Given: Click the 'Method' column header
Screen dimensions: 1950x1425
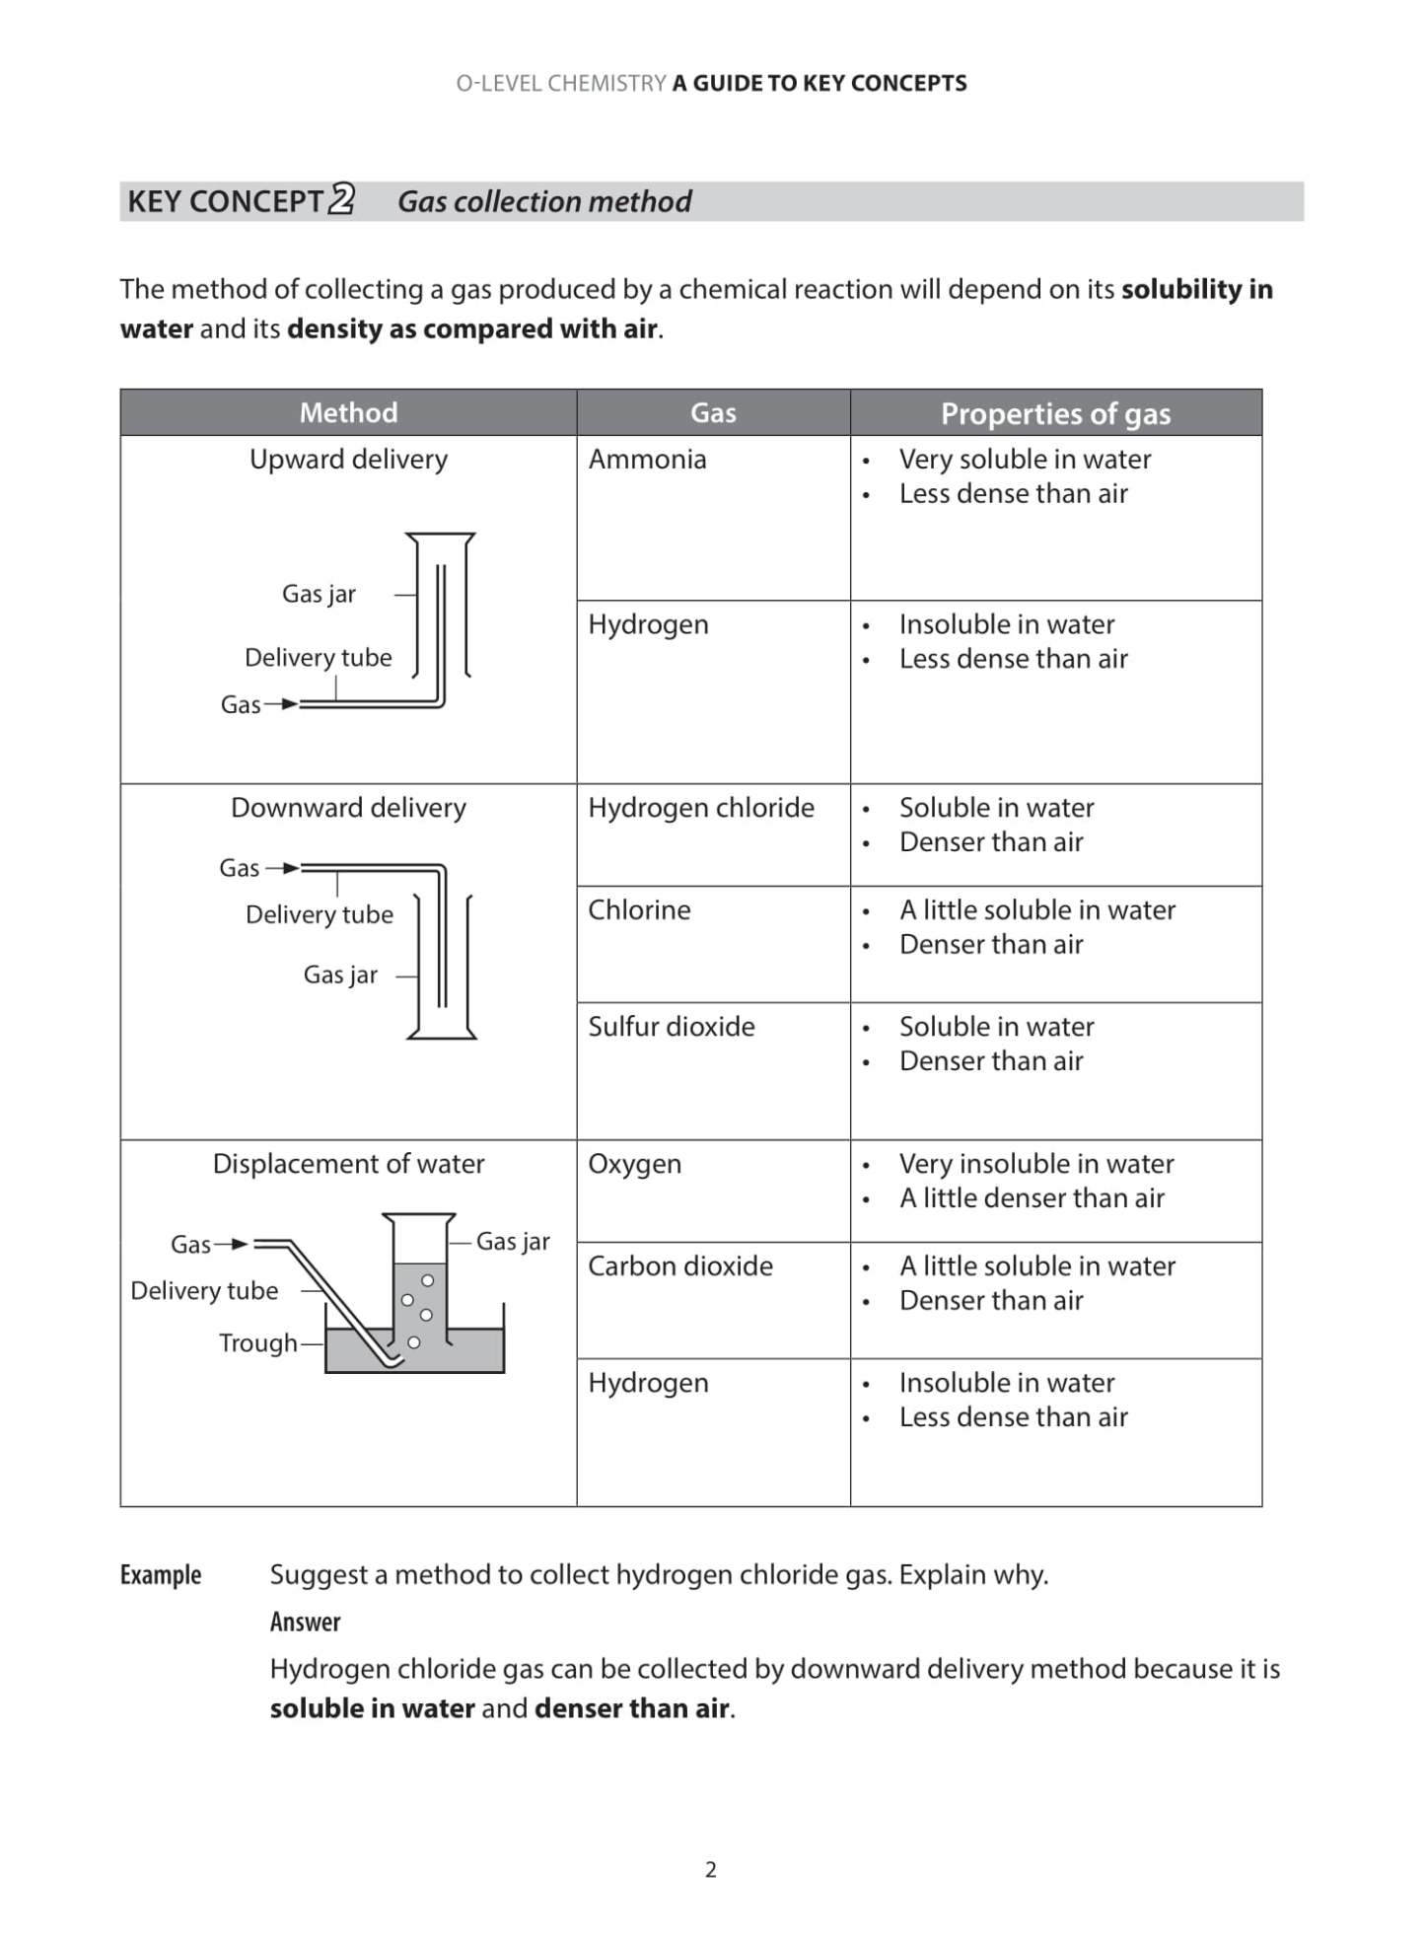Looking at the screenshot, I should click(348, 412).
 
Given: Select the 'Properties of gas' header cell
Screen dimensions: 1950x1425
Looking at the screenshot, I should click(1055, 413).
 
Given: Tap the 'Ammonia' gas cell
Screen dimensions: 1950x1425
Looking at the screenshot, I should click(647, 460).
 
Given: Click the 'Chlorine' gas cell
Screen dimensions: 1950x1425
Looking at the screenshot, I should click(639, 909).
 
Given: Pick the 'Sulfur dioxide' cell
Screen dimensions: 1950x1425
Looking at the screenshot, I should click(671, 1026).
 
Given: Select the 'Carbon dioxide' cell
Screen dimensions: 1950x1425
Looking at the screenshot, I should click(679, 1265).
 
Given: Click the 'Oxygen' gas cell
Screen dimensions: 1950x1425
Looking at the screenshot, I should click(634, 1164).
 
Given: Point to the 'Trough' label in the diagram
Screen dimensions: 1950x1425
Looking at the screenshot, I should click(257, 1342).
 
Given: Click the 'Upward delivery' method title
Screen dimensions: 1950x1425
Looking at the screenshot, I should click(348, 460).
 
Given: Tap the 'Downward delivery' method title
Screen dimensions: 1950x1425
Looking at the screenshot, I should click(348, 808).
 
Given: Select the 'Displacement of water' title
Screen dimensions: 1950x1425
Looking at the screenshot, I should click(348, 1164).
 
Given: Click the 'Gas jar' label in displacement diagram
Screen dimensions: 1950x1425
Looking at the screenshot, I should click(512, 1242).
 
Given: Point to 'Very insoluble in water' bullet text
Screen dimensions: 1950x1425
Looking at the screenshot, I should click(1035, 1164).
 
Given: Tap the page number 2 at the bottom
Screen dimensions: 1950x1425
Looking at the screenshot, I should click(711, 1869).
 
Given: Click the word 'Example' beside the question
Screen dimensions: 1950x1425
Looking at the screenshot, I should click(161, 1575).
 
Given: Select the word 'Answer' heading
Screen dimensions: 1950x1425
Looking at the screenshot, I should click(305, 1623).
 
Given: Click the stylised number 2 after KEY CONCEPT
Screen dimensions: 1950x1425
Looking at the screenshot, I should click(341, 199).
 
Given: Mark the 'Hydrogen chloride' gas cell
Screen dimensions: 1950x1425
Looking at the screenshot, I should click(700, 808).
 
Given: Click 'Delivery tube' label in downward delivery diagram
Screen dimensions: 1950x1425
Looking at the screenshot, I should click(319, 914).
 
